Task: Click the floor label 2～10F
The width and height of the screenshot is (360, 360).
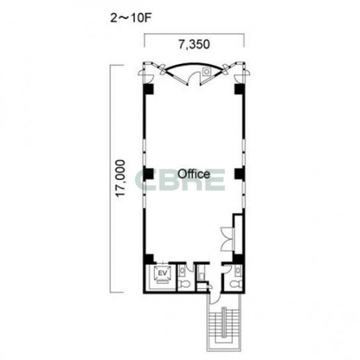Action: click(130, 18)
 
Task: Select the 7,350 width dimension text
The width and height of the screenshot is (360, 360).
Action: click(195, 44)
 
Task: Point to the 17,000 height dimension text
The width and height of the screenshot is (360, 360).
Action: click(120, 179)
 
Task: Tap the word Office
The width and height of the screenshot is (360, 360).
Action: click(194, 174)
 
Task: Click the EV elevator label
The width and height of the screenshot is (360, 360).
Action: click(163, 273)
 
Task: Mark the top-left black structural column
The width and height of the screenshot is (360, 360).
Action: click(148, 89)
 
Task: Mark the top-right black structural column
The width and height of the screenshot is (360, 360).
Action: click(240, 89)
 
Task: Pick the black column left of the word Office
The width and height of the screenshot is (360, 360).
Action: click(148, 174)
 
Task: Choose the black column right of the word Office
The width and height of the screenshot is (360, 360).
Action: click(240, 174)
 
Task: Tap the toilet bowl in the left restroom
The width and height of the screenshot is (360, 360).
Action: click(184, 284)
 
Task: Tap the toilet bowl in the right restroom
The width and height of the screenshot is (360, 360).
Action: click(236, 284)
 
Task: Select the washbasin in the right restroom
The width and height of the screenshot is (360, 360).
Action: click(238, 270)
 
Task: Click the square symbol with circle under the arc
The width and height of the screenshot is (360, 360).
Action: click(206, 72)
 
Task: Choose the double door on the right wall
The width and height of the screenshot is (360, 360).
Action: click(227, 240)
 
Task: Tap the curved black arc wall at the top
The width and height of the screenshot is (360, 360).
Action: click(194, 64)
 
